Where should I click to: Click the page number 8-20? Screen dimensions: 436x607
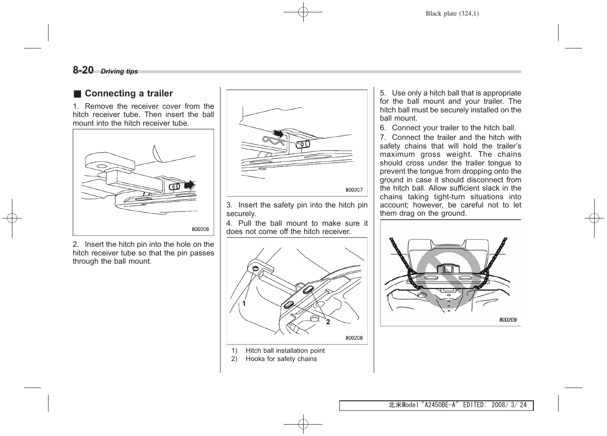pyautogui.click(x=83, y=70)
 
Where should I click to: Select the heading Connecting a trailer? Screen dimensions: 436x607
pyautogui.click(x=129, y=94)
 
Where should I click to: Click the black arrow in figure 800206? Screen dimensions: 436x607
pyautogui.click(x=189, y=185)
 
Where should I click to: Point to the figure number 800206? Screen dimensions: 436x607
pyautogui.click(x=200, y=229)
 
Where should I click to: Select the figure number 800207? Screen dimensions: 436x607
pyautogui.click(x=354, y=190)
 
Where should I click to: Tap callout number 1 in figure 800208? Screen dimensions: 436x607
pyautogui.click(x=244, y=303)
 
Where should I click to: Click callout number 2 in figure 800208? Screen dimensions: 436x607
pyautogui.click(x=328, y=322)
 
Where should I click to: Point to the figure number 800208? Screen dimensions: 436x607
pyautogui.click(x=354, y=338)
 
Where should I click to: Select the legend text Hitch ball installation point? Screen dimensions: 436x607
pyautogui.click(x=285, y=351)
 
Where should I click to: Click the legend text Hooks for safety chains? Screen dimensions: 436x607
pyautogui.click(x=281, y=359)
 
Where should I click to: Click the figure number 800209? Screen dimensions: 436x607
pyautogui.click(x=507, y=320)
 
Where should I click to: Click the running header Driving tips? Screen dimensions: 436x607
pyautogui.click(x=119, y=71)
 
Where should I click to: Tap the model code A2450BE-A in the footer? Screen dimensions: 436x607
pyautogui.click(x=440, y=405)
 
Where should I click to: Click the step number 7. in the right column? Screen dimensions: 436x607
pyautogui.click(x=383, y=138)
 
